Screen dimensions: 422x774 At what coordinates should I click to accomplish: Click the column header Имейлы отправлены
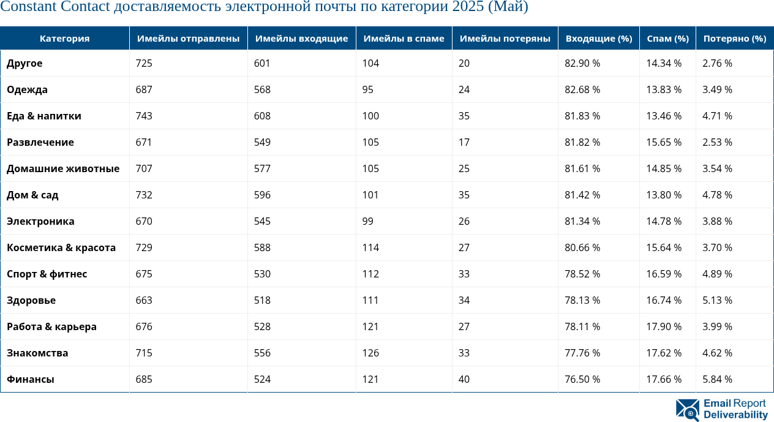[x=188, y=39]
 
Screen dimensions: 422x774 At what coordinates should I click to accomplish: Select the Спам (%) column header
[x=667, y=39]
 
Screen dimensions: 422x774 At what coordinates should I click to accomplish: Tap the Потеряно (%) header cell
[x=734, y=39]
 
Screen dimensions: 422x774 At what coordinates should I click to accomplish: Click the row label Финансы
[x=31, y=379]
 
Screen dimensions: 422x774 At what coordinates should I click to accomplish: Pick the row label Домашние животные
[x=63, y=168]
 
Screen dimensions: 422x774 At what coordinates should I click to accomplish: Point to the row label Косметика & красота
[x=61, y=247]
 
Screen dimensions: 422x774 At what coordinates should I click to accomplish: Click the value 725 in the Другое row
[x=144, y=63]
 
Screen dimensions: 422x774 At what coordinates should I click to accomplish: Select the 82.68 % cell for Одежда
[x=582, y=89]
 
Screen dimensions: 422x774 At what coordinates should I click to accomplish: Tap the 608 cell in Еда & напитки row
[x=263, y=116]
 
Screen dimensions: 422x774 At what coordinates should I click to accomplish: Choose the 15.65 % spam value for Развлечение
[x=664, y=142]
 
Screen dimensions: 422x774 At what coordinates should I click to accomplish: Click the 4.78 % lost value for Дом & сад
[x=717, y=195]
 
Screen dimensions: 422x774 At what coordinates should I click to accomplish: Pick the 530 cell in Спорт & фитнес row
[x=263, y=274]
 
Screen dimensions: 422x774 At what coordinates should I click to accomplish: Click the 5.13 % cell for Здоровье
[x=717, y=300]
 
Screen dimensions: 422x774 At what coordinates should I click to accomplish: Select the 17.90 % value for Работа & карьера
[x=664, y=326]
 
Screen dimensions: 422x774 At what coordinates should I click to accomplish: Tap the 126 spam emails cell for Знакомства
[x=371, y=353]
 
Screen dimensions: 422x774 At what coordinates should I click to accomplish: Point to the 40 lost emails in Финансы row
[x=464, y=379]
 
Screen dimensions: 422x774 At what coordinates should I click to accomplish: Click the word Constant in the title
[x=28, y=7]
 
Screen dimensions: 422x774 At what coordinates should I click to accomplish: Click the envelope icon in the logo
[x=687, y=410]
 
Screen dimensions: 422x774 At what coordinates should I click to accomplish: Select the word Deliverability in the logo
[x=735, y=415]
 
